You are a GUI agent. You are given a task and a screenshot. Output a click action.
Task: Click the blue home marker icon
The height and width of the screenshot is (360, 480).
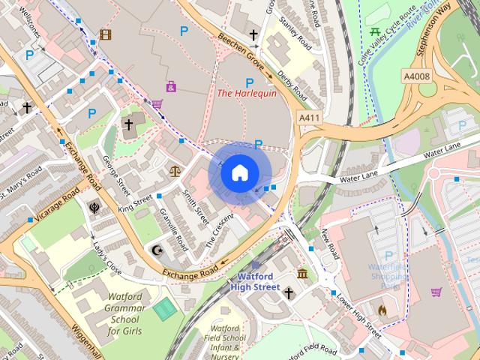click(x=238, y=173)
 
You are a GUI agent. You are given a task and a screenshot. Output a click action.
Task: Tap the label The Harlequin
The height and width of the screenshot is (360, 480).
click(x=246, y=94)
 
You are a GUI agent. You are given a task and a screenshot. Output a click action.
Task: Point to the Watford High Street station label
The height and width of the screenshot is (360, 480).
click(x=254, y=281)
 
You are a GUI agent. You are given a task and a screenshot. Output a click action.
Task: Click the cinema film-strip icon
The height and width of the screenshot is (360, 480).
click(x=105, y=34)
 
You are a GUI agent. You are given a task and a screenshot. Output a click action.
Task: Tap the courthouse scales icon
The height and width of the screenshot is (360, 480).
click(x=175, y=171)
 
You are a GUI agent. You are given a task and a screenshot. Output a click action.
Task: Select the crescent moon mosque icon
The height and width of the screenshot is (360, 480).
click(x=157, y=249)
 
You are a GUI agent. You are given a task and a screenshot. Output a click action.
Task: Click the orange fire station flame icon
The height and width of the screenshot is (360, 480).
click(x=382, y=308)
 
